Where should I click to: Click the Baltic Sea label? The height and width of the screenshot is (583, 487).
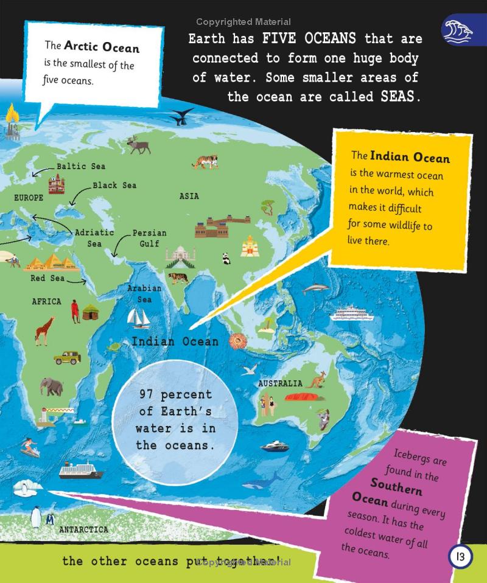pyautogui.click(x=80, y=166)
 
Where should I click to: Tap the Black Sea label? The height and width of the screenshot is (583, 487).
pyautogui.click(x=114, y=185)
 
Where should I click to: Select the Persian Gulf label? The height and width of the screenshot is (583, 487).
pyautogui.click(x=149, y=238)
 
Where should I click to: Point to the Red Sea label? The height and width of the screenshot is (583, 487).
pyautogui.click(x=47, y=279)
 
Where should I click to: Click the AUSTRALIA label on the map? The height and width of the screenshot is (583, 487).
pyautogui.click(x=280, y=384)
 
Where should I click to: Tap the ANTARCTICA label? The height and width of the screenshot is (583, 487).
pyautogui.click(x=83, y=529)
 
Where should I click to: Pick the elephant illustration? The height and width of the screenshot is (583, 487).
pyautogui.click(x=51, y=386)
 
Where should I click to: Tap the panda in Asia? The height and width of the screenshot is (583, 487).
pyautogui.click(x=226, y=259)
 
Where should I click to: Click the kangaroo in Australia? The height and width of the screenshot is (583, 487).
pyautogui.click(x=316, y=381)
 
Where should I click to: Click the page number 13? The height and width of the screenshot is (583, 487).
pyautogui.click(x=460, y=556)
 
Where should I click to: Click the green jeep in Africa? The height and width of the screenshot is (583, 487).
pyautogui.click(x=67, y=358)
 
